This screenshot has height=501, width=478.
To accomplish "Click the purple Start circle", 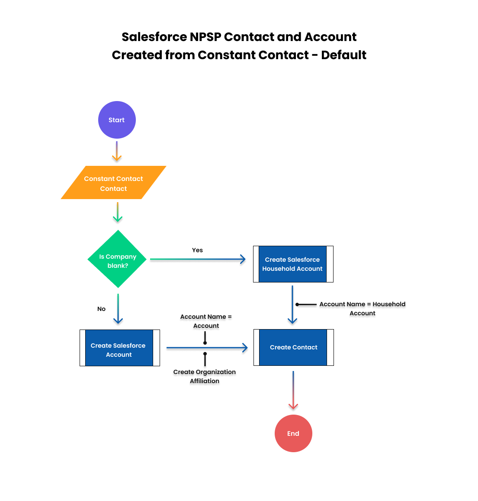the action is [x=117, y=120].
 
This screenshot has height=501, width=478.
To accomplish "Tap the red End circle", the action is [x=293, y=433].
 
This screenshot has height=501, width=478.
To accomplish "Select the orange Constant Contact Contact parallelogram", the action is [x=114, y=182].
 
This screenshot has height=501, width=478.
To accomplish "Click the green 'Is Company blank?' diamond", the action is [x=117, y=259].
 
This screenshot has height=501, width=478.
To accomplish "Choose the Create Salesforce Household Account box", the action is [x=293, y=264].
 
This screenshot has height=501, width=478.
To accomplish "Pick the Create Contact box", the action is [x=294, y=347].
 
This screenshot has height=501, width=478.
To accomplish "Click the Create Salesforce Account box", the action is [x=120, y=348].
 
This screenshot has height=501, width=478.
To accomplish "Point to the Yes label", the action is [x=197, y=250].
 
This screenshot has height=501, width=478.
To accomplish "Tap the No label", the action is [x=101, y=309].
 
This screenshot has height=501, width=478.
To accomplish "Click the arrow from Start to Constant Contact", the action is [x=117, y=151].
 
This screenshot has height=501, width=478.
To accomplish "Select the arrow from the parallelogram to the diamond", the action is [x=118, y=212].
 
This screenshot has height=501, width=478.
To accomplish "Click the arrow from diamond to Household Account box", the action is [x=198, y=259].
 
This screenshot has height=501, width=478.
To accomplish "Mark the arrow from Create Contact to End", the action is [x=293, y=390].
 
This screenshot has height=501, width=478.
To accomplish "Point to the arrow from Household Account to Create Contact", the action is [x=292, y=305].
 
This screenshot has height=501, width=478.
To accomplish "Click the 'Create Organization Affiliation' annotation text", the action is [x=205, y=376].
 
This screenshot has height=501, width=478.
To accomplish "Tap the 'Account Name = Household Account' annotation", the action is [x=363, y=309].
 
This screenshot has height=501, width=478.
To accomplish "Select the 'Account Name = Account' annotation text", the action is [x=206, y=321].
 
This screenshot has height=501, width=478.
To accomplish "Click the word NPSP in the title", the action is [x=205, y=37].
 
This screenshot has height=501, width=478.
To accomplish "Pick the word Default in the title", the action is [x=343, y=55].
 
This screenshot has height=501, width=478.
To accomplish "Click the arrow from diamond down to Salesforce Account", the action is [x=118, y=309].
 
